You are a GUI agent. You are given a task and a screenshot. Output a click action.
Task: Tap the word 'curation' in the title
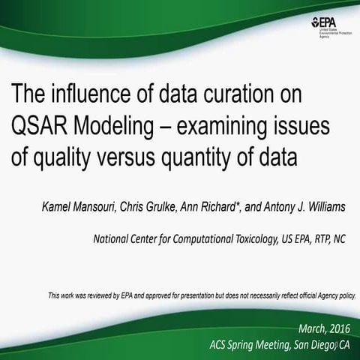click(257, 96)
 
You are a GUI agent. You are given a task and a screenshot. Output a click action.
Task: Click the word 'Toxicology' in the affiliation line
click(250, 240)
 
